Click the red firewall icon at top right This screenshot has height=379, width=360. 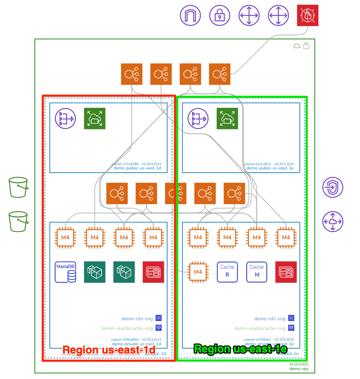point(308,15)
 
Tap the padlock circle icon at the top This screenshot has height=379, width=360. point(220,15)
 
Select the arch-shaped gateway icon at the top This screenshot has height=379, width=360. point(190,15)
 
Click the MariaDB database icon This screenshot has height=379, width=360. point(65,272)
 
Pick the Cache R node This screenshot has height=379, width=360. point(227,272)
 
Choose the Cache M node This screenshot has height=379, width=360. point(257,272)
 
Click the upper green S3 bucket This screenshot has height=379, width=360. point(18,187)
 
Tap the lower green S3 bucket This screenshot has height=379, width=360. point(18,221)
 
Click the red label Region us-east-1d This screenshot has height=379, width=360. point(109,350)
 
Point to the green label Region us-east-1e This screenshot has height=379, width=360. point(240,349)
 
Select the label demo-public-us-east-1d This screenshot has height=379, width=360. point(137,168)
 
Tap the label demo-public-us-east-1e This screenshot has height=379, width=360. point(270,168)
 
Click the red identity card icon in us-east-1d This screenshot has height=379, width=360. point(153,272)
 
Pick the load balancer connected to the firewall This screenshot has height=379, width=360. point(220,74)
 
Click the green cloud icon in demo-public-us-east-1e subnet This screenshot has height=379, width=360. point(227,119)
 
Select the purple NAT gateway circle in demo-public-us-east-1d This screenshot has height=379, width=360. point(65,119)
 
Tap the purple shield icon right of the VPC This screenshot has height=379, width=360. point(332,187)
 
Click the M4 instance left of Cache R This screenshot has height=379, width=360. point(198,272)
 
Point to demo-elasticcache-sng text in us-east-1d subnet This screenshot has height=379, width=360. point(127,328)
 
